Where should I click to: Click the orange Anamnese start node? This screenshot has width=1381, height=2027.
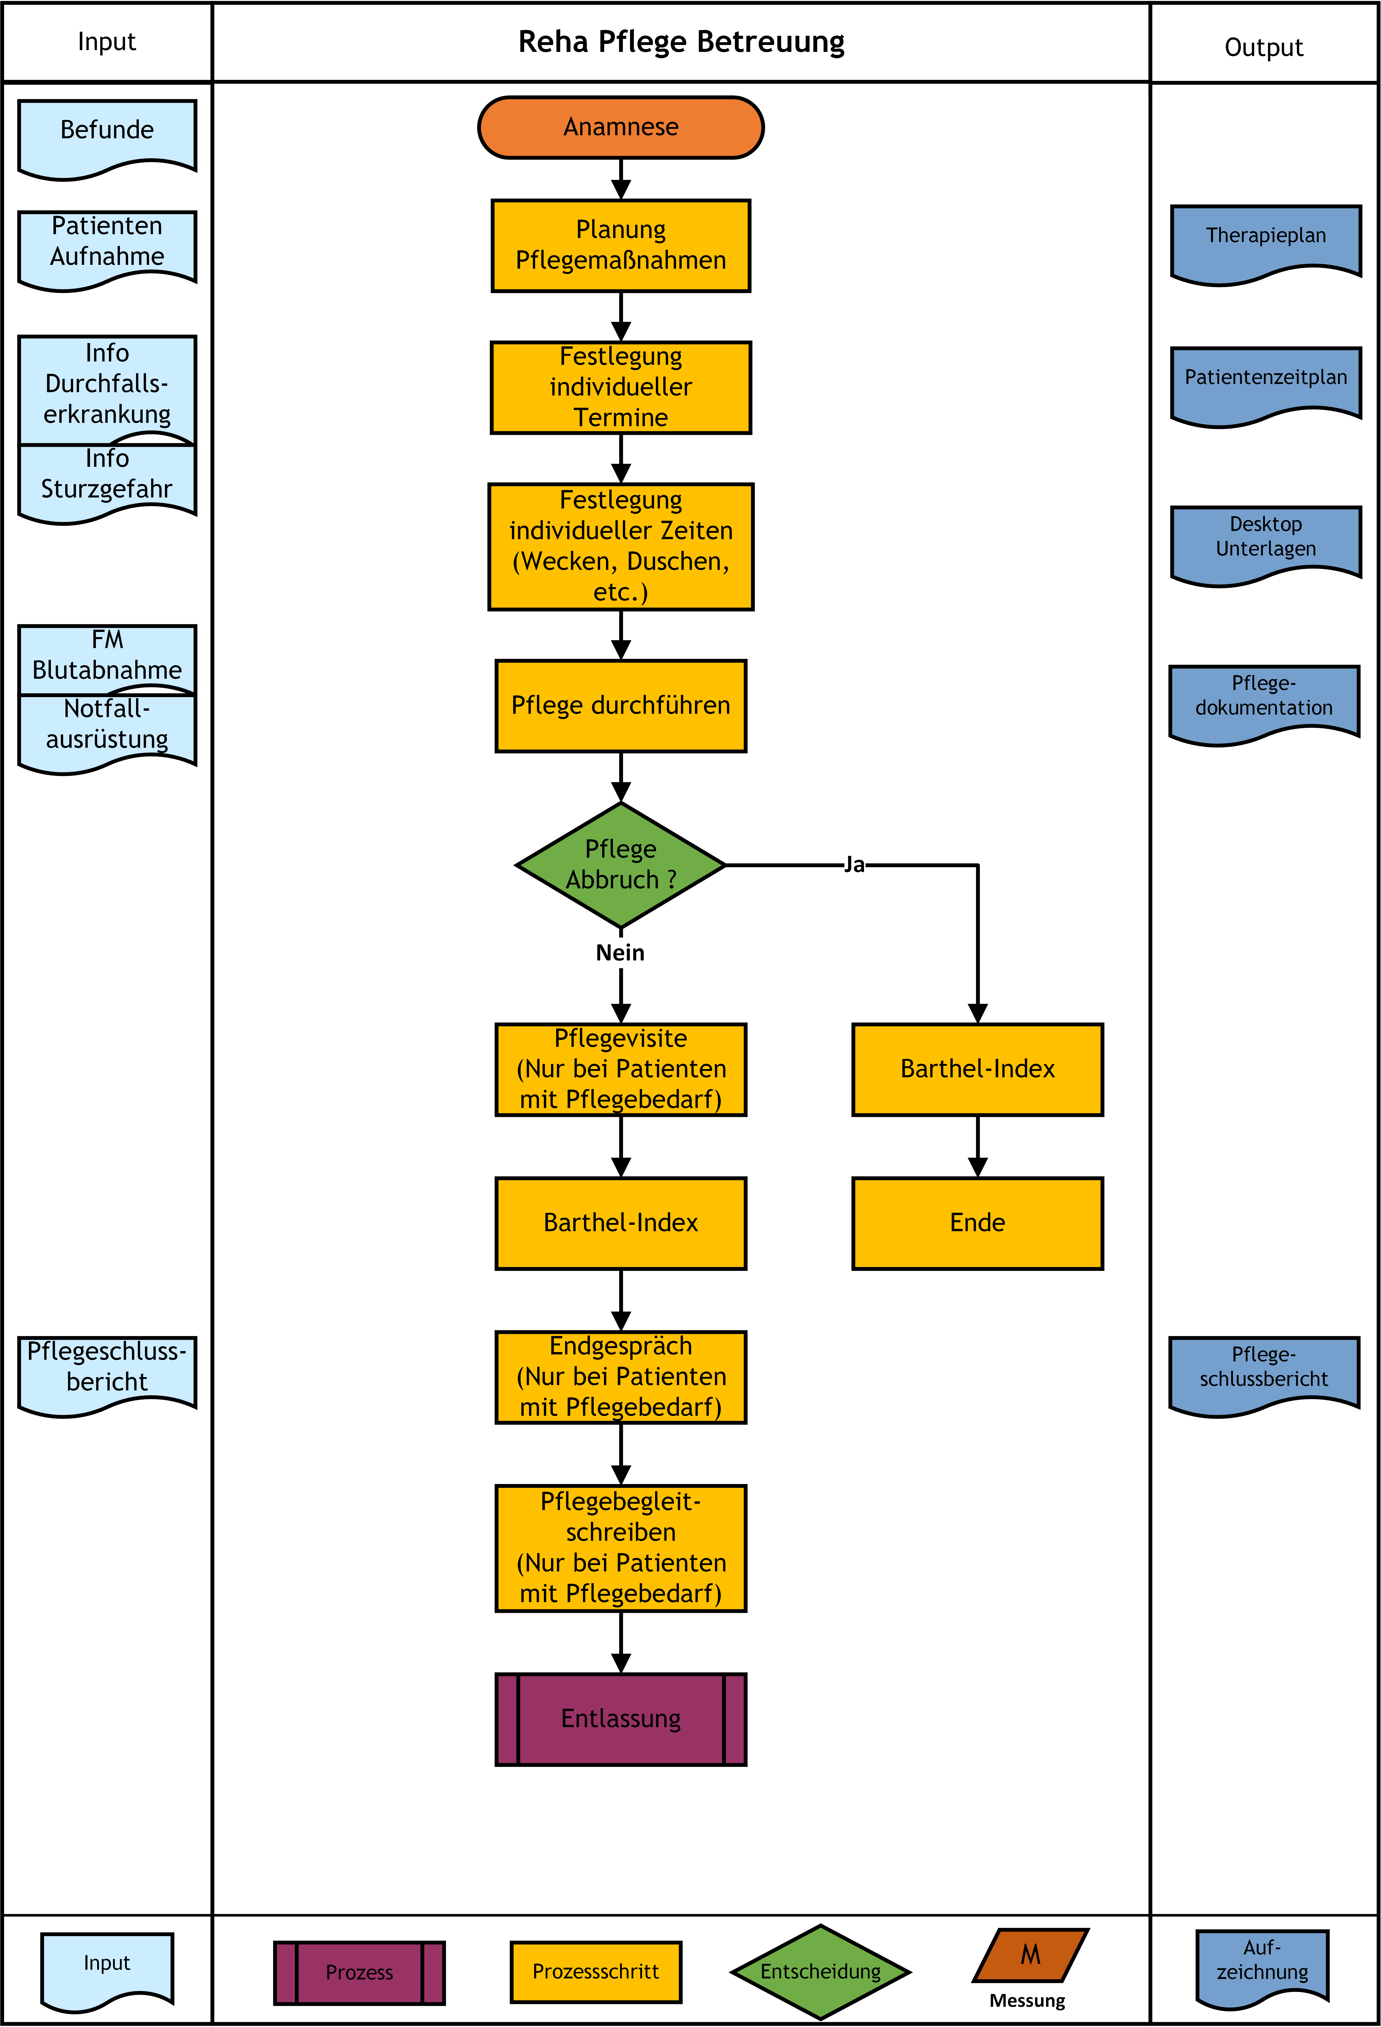620,127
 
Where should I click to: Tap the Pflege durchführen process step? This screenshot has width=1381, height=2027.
620,706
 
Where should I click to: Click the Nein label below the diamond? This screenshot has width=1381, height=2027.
620,953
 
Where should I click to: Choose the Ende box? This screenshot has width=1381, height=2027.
977,1223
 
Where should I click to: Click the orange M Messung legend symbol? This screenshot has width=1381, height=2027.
1030,1955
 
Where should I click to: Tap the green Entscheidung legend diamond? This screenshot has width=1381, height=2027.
820,1971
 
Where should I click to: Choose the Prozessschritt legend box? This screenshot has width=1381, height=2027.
596,1971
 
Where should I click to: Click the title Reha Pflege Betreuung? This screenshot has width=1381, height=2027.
681,42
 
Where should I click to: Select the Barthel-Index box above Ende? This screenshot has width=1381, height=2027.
977,1069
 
